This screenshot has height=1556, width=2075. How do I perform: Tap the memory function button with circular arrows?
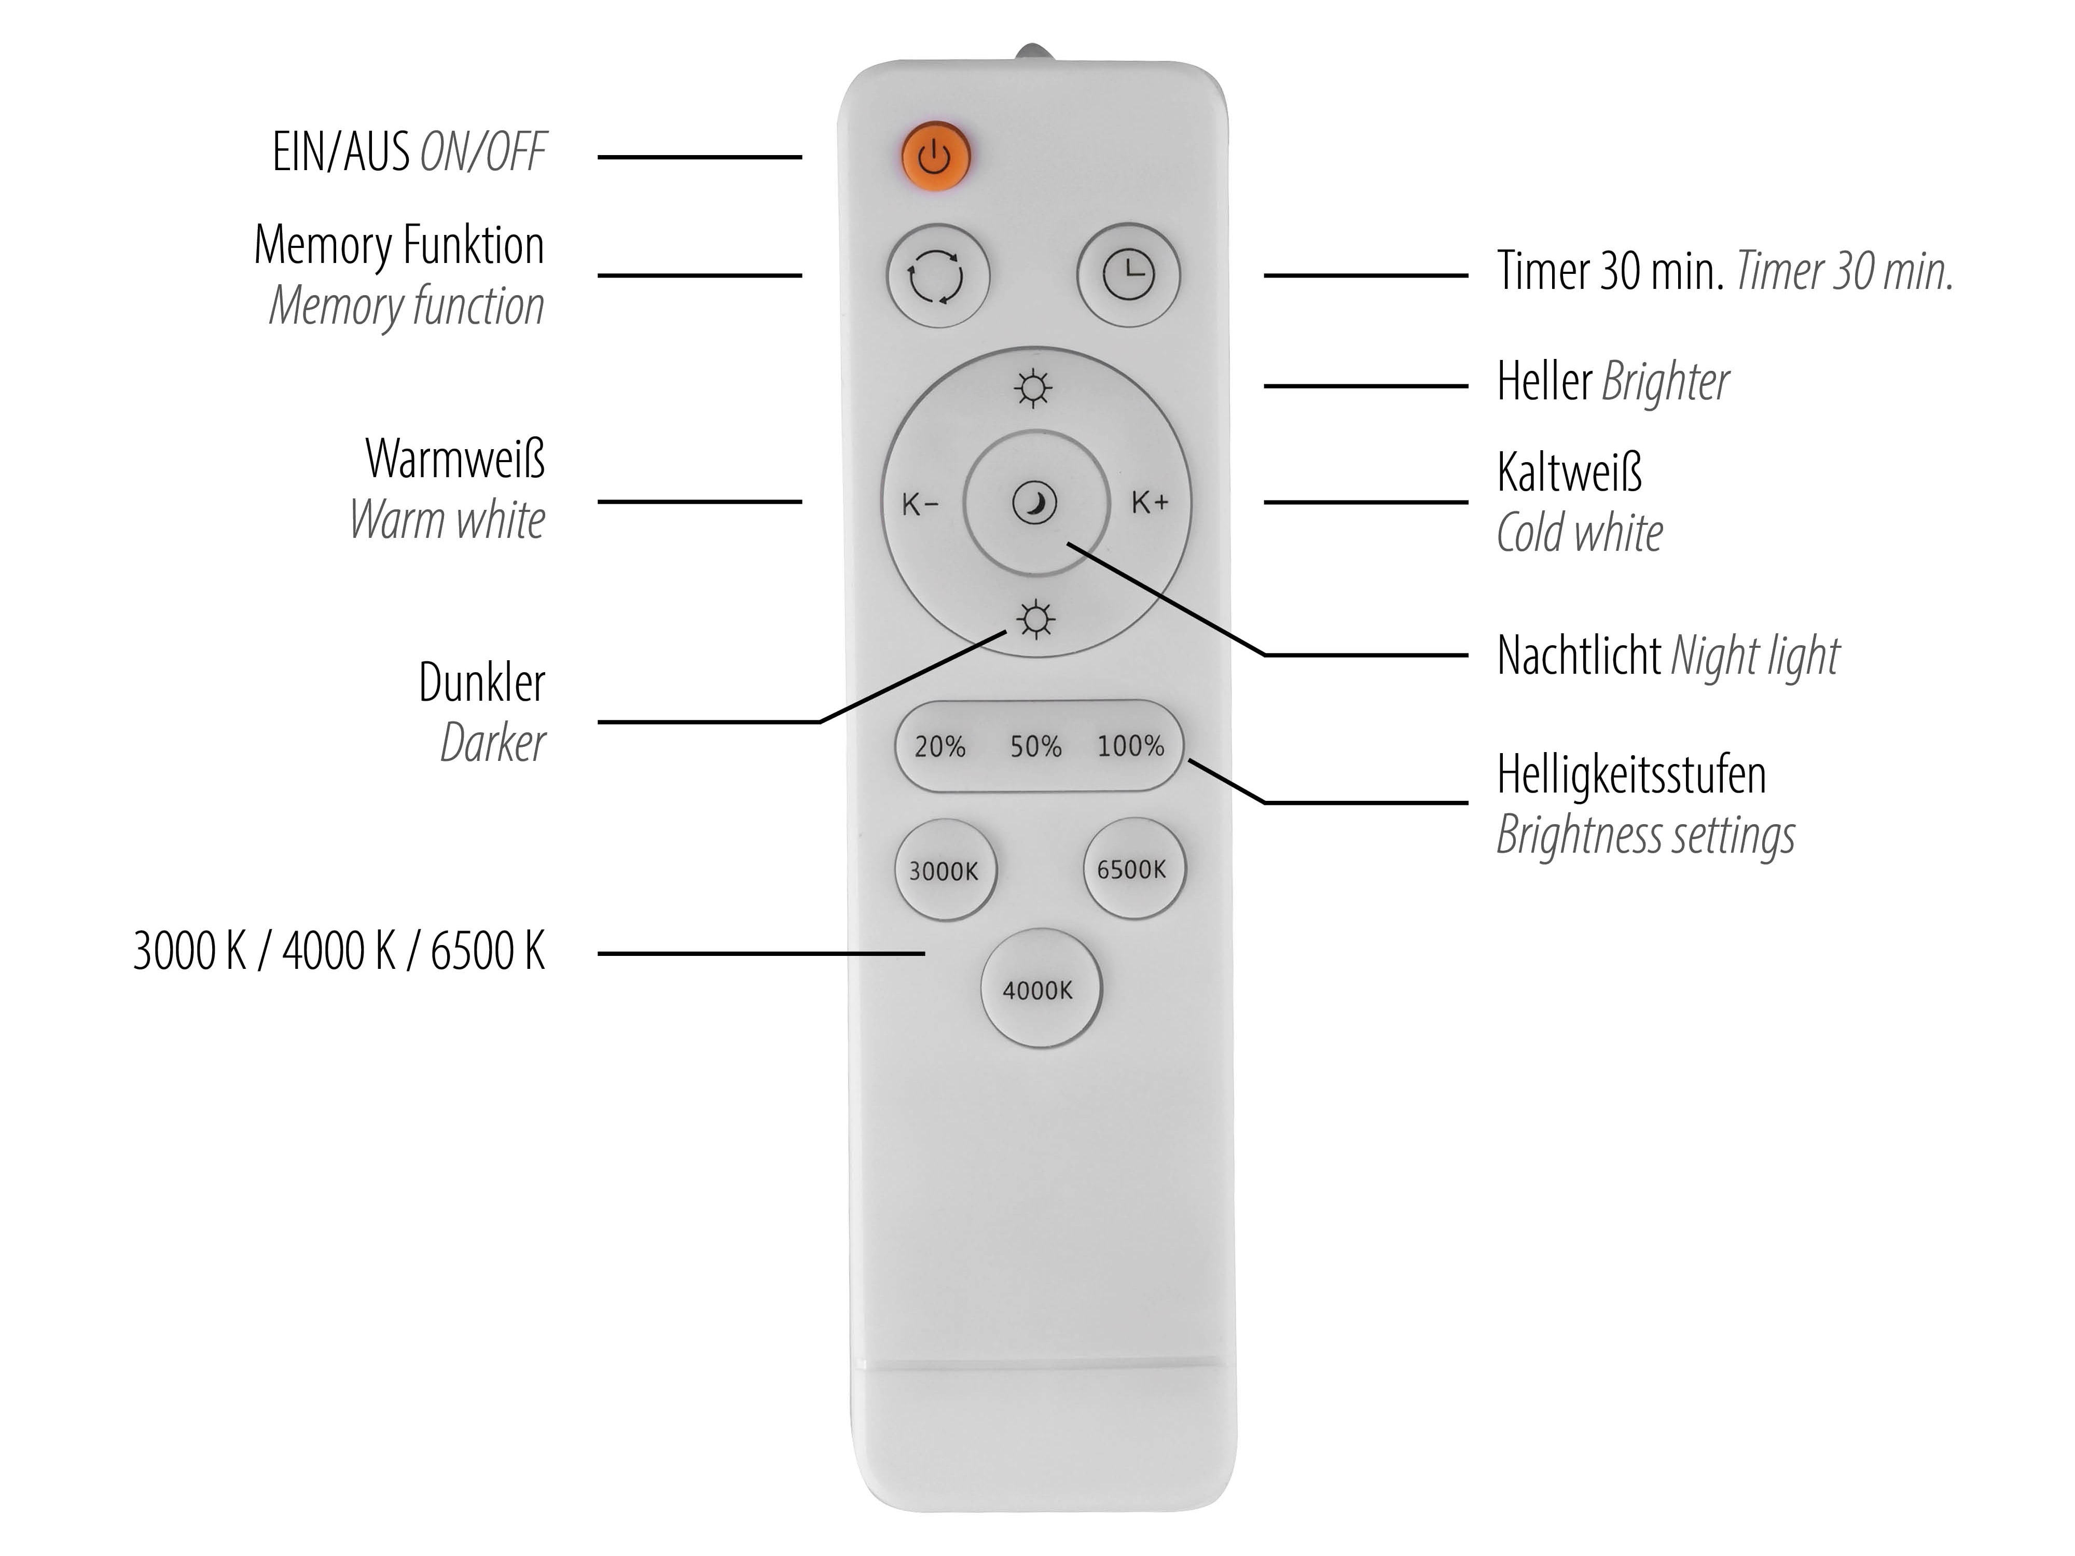tap(937, 276)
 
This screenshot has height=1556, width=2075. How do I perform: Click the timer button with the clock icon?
tap(1128, 275)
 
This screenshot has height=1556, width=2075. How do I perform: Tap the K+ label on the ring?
tap(1150, 503)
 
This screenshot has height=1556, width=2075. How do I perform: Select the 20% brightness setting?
tap(940, 746)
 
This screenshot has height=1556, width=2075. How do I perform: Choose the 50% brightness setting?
tap(1035, 746)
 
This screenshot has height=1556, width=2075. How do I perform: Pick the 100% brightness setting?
tap(1130, 746)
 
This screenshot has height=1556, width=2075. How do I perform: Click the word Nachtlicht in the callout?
tap(1579, 655)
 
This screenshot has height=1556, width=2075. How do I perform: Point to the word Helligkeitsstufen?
tap(1631, 775)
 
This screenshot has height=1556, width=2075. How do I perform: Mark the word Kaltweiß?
tap(1569, 472)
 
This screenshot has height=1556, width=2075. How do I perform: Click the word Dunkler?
tap(482, 682)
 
